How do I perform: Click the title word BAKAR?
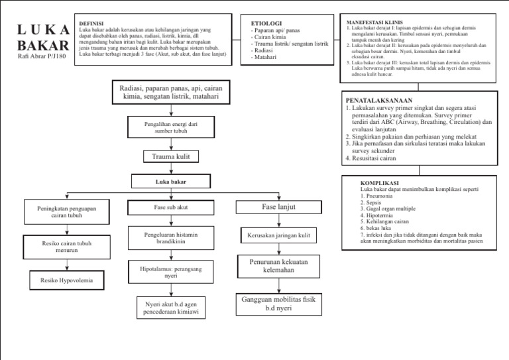pos(42,46)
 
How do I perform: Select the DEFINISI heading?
pos(91,23)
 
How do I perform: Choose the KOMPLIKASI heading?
pos(378,182)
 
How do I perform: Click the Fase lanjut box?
pos(278,208)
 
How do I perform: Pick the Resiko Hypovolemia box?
pos(67,280)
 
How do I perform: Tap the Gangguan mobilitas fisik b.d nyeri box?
pos(278,304)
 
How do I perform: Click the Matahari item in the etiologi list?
pos(264,58)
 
